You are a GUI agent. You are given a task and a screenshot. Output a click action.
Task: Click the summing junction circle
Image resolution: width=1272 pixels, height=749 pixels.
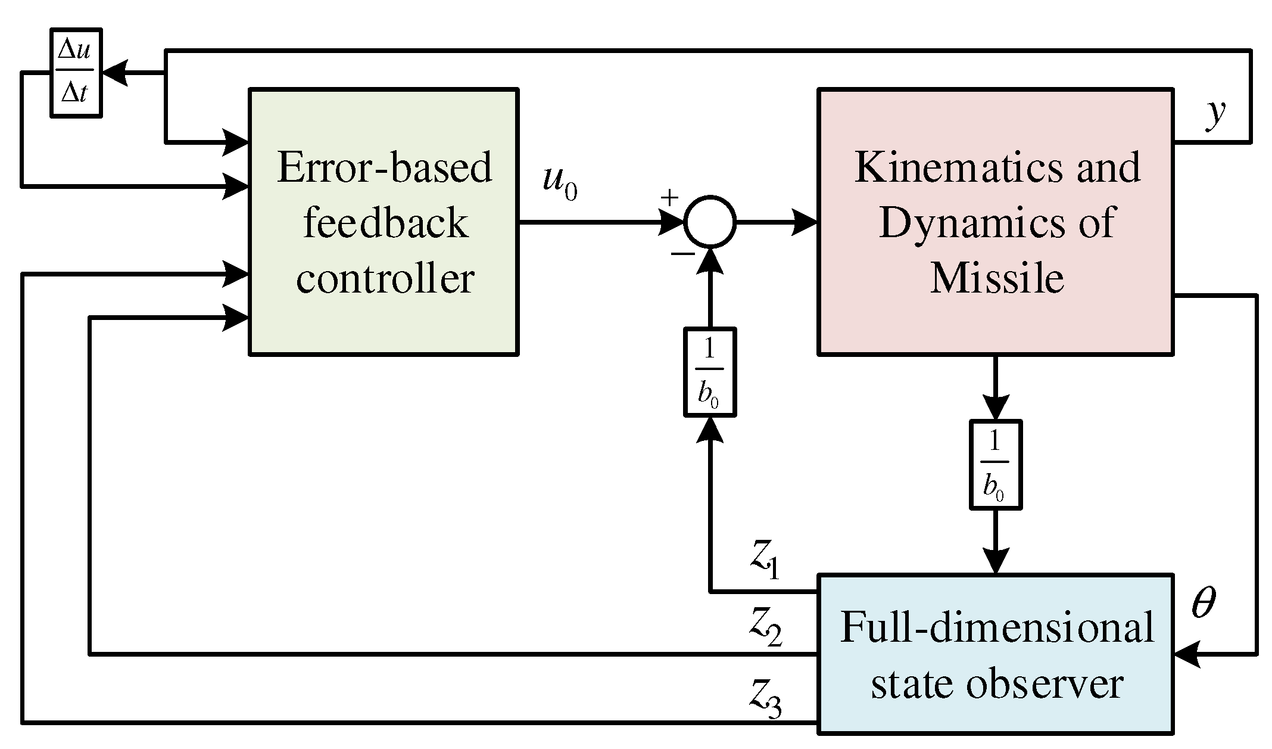point(710,222)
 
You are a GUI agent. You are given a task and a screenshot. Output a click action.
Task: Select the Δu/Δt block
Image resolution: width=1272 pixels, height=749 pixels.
point(75,73)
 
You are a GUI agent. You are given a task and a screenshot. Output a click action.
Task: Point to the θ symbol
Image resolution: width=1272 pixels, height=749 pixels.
point(1203,604)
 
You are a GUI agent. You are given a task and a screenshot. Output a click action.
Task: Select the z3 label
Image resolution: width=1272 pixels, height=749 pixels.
point(765,698)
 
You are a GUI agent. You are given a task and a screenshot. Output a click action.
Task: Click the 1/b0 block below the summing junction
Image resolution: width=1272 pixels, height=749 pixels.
point(709,372)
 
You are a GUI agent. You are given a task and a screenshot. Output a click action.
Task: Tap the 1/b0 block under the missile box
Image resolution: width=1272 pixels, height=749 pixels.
point(996,465)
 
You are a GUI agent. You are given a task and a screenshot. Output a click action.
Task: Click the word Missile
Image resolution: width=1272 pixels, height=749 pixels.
point(997,278)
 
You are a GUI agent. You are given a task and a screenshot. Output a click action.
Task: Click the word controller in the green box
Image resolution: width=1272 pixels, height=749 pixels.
point(385,278)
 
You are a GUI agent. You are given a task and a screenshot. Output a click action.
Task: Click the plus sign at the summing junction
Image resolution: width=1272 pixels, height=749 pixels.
point(670,198)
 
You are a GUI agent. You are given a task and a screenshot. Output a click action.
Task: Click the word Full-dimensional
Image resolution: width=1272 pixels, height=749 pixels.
point(997,627)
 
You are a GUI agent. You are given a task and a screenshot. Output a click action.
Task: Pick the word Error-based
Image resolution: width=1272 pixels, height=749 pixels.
point(385,167)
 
